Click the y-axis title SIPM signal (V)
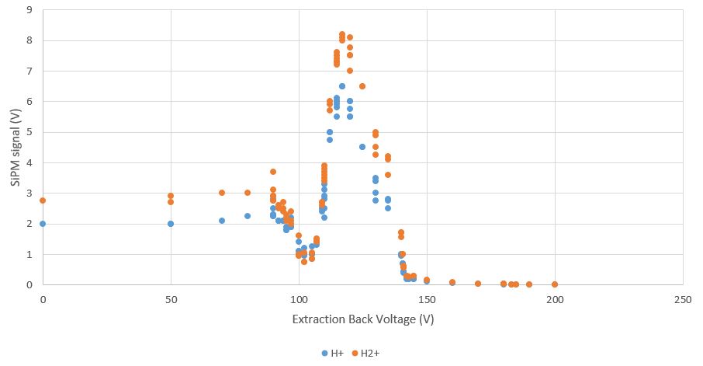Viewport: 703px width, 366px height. pos(15,147)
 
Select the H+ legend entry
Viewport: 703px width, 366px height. pos(333,353)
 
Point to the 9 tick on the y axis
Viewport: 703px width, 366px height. pos(29,10)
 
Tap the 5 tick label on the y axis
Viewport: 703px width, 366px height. pos(29,132)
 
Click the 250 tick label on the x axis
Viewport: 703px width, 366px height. pos(683,299)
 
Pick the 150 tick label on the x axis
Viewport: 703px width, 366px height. pos(427,299)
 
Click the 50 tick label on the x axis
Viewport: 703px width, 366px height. pos(171,299)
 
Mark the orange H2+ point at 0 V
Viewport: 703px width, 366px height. pos(43,200)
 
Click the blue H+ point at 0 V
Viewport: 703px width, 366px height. pos(43,224)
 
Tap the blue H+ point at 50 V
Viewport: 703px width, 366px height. pos(171,224)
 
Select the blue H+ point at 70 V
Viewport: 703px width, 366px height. pos(222,221)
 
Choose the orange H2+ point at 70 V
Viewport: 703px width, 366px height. pos(222,193)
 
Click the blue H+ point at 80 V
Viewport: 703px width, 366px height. pos(248,216)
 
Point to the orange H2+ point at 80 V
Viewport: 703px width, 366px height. pos(248,193)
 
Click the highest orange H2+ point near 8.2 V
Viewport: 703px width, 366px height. pos(342,34)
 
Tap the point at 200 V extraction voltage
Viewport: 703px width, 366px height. pos(555,284)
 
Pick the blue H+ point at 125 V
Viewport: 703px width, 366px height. pos(362,147)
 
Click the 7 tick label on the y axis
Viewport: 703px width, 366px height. pos(29,71)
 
